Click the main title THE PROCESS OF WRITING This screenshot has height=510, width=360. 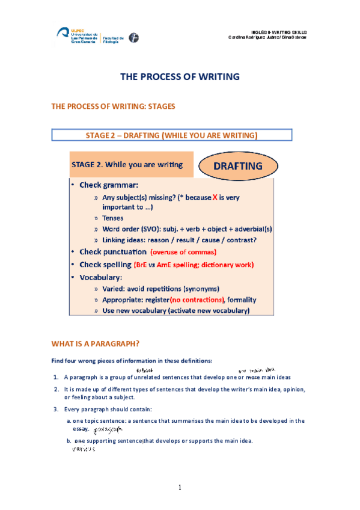pos(180,76)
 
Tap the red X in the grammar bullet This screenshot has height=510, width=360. pos(215,197)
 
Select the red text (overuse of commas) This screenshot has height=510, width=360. pos(183,252)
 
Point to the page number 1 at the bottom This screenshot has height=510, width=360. pos(180,487)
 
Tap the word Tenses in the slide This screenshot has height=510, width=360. pos(112,218)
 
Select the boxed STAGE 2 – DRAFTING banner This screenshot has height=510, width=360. pos(172,135)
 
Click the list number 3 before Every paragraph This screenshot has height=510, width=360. pos(55,410)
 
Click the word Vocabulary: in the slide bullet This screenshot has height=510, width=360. pos(101,277)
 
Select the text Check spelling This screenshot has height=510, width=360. pos(105,265)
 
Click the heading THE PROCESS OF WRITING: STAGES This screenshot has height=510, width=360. pos(113,106)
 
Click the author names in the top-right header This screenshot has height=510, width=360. pos(267,37)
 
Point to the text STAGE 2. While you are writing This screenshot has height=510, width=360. pos(127,164)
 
